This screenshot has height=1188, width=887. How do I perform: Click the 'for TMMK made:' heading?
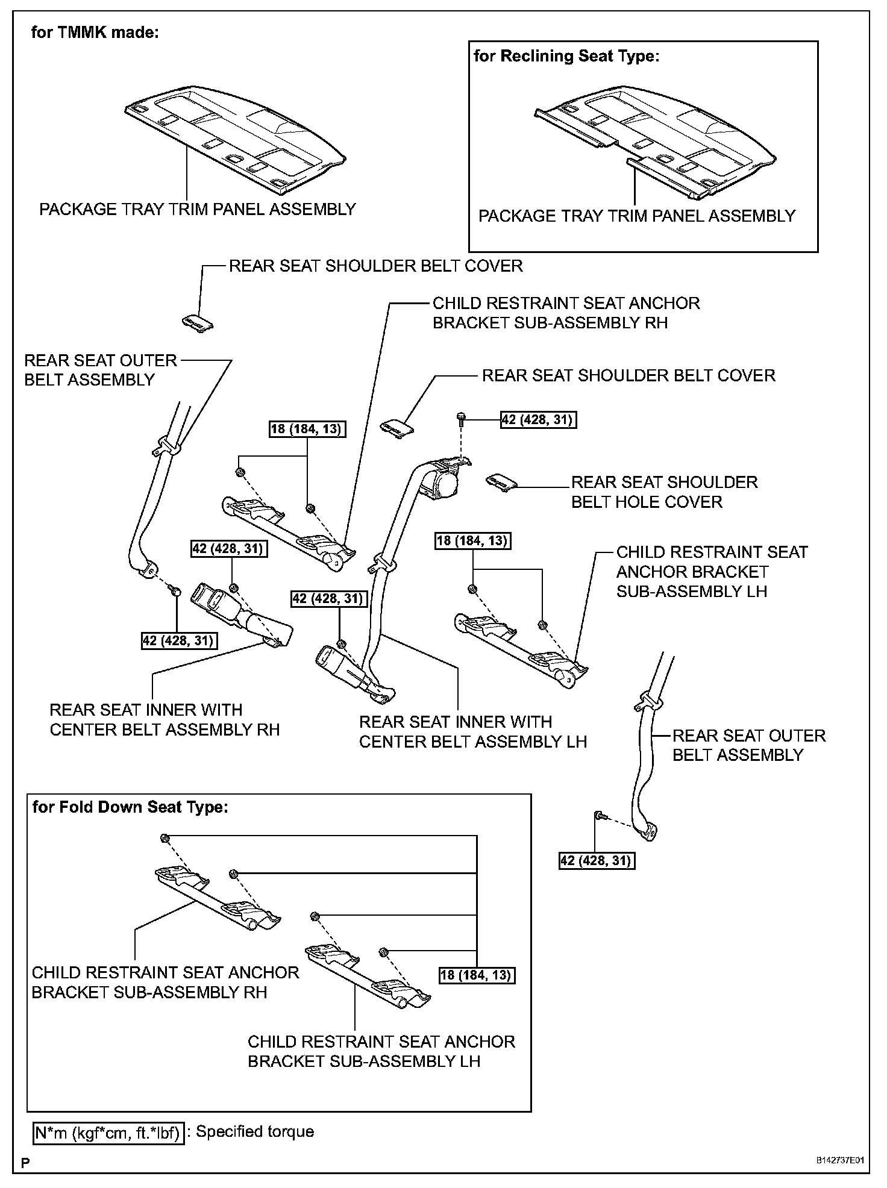[x=95, y=33]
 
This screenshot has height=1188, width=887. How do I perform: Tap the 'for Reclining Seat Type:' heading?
[x=566, y=56]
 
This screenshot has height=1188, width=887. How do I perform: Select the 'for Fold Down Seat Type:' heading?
[x=130, y=807]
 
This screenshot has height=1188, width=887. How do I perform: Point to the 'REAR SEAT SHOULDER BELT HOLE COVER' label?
[x=663, y=492]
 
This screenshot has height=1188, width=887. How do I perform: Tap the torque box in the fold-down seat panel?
[x=477, y=975]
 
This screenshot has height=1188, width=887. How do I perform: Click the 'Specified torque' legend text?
[x=255, y=1131]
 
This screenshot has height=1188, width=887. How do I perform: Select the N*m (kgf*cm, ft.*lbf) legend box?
[x=108, y=1133]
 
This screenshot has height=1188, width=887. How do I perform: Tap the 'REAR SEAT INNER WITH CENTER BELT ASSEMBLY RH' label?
[x=164, y=720]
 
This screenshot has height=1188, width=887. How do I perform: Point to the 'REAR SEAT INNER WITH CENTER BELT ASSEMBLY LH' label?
[x=472, y=732]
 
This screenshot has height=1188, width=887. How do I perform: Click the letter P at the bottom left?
[x=25, y=1162]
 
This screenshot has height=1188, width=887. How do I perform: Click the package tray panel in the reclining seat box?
[x=654, y=148]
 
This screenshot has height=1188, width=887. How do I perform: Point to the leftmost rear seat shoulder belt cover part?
[x=198, y=322]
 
